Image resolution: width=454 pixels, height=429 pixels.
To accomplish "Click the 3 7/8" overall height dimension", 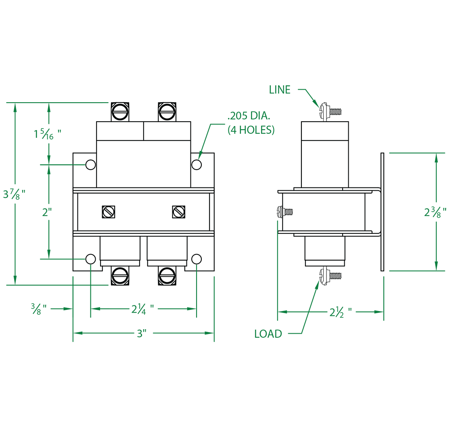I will coord(14,193).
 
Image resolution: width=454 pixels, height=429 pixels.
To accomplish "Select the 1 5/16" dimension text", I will coord(47,135).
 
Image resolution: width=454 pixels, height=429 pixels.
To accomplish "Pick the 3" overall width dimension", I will coord(141,334).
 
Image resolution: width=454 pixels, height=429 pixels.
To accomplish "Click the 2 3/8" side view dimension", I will coord(435,212).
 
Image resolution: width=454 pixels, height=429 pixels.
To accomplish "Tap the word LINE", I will coord(280,90).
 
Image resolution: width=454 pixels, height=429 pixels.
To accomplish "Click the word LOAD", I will coord(268,334).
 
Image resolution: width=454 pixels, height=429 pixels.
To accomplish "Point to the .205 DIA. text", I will coord(249,117).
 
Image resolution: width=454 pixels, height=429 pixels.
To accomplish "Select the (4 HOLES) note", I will coord(251,130).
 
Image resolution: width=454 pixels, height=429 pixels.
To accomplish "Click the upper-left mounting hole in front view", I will coord(90,165).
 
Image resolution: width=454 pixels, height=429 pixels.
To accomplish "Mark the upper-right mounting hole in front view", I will coord(197,165).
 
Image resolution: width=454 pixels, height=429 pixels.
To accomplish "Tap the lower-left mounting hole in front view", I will coord(90,259).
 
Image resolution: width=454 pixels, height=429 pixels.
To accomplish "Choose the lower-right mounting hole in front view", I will coord(197,259).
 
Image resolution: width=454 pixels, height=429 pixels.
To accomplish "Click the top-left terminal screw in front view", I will coord(120,111).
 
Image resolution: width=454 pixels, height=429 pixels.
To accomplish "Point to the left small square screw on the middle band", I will coord(109,212).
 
